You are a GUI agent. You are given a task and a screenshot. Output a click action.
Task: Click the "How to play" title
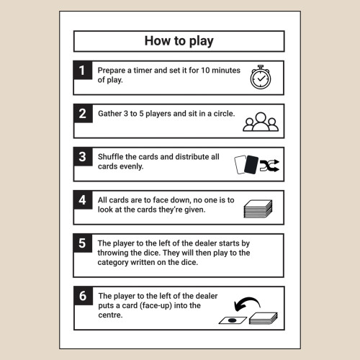point(179,41)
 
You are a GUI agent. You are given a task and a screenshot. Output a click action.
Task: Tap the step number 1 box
point(83,70)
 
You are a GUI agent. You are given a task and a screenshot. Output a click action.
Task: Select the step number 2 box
point(83,113)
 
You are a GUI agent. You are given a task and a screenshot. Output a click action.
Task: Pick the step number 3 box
point(83,156)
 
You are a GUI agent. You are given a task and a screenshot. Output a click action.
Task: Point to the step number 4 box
point(83,199)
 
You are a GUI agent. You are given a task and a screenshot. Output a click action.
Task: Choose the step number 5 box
point(83,243)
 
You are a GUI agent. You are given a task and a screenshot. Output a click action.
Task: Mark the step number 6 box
point(84,296)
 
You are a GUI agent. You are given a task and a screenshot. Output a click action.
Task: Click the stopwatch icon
point(261,77)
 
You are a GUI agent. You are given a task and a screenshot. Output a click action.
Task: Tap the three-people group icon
point(261,122)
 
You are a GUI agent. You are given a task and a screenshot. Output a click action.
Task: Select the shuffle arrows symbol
point(269,166)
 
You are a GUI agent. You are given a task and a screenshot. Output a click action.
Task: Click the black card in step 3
point(251,165)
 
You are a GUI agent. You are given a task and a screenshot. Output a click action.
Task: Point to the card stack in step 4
point(258,209)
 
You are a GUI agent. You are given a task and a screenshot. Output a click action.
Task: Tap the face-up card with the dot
point(233,320)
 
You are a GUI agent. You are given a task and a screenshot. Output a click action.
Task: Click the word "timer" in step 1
point(143,71)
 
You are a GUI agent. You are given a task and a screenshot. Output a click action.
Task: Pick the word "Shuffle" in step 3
point(111,157)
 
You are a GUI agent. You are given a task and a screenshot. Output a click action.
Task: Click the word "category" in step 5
point(113,263)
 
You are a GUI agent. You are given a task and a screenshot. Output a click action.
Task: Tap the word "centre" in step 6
point(110,315)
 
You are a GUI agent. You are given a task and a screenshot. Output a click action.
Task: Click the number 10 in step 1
point(205,71)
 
